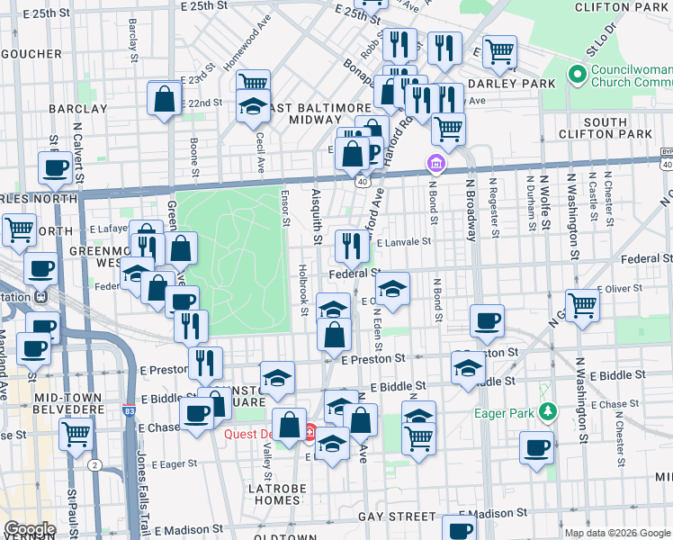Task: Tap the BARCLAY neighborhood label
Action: tap(78, 109)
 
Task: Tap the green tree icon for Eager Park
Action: tap(547, 412)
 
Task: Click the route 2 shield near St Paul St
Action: tap(94, 465)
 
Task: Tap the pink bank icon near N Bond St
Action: tap(435, 164)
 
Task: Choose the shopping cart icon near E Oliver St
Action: tap(582, 304)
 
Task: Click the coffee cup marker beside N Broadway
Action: tap(487, 320)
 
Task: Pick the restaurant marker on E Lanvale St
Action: tap(352, 244)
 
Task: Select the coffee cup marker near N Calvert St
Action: tap(55, 166)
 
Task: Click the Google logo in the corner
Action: tap(30, 529)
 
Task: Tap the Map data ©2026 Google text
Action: tap(616, 533)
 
